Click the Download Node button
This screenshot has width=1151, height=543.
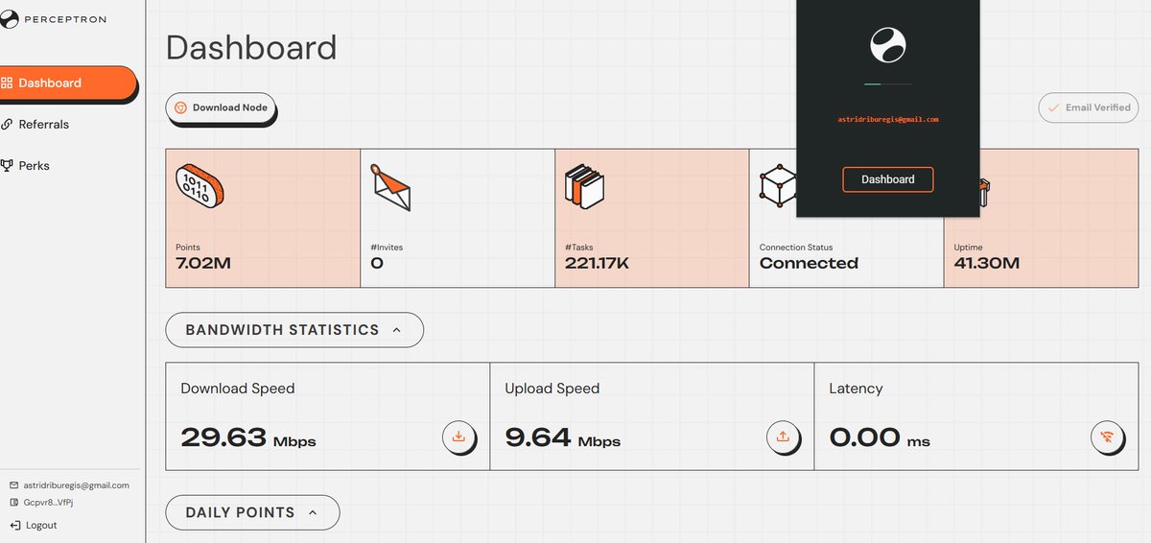tap(221, 107)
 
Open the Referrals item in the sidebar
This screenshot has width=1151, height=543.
tap(35, 125)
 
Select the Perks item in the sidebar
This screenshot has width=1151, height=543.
tap(25, 166)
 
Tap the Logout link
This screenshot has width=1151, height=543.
tap(34, 525)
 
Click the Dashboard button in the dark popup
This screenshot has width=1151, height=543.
tap(887, 179)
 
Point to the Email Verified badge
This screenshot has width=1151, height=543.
tap(1089, 107)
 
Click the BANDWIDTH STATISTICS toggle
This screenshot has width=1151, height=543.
tap(294, 330)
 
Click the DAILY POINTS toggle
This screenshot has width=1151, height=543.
tap(252, 512)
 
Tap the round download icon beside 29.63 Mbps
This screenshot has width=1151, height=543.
tap(458, 437)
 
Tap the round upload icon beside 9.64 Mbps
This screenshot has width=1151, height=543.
tap(783, 437)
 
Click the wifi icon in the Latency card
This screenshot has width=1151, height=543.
tap(1107, 437)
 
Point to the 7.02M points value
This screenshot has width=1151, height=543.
tap(203, 263)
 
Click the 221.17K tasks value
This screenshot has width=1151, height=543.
tap(597, 263)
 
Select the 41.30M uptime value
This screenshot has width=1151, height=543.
tap(987, 263)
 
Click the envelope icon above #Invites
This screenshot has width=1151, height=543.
tap(391, 187)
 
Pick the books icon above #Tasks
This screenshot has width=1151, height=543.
tap(585, 186)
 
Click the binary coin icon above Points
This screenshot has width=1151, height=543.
tap(200, 186)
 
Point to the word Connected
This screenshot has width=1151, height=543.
tap(809, 263)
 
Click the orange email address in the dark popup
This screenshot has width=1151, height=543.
tap(888, 119)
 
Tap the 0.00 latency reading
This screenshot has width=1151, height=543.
tap(864, 437)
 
